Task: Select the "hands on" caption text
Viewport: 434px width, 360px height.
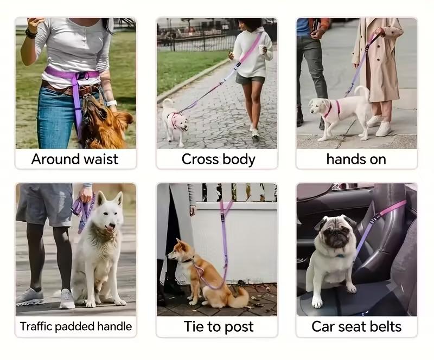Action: pos(356,159)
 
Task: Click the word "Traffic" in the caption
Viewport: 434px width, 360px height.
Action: pos(36,326)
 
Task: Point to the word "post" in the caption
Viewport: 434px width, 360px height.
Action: pos(239,327)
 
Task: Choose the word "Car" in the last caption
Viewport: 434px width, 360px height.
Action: pos(322,326)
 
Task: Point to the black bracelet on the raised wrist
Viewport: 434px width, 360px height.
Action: pos(31,33)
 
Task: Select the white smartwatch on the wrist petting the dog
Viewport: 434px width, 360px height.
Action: pos(112,103)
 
